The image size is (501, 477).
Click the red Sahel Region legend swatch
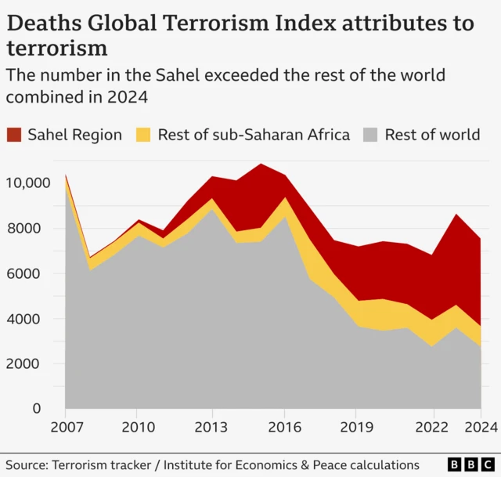(15, 134)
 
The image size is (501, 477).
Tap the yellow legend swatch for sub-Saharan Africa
(145, 134)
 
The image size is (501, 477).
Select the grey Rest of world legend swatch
(372, 134)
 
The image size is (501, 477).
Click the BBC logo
(468, 465)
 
